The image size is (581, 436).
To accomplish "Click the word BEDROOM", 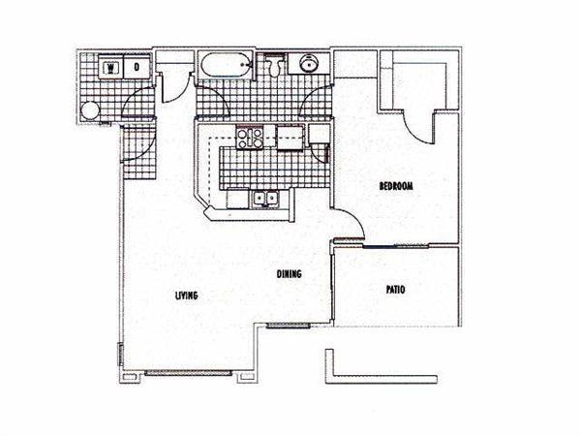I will pos(396,186).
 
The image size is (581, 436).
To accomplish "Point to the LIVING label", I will pos(187,296).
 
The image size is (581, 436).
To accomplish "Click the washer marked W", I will pos(112,68).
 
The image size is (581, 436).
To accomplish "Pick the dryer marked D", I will pos(137,68).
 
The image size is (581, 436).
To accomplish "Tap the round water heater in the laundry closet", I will pos(90,109).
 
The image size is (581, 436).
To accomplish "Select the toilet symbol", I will pos(275,67).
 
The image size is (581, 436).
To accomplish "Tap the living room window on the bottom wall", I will pos(192,373).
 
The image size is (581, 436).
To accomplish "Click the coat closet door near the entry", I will pos(171,87).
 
